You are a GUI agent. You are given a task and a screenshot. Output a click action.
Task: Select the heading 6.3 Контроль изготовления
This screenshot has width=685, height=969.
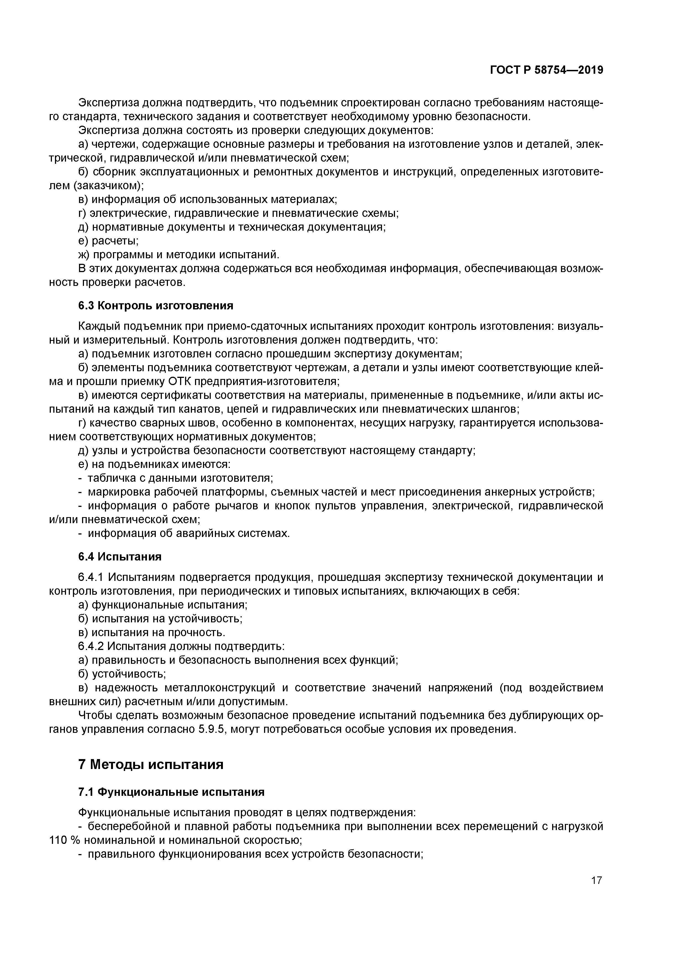(156, 305)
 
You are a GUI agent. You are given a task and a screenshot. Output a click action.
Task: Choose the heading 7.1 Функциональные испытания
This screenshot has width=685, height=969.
(171, 792)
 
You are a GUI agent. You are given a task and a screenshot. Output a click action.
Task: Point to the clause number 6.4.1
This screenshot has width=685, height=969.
(91, 577)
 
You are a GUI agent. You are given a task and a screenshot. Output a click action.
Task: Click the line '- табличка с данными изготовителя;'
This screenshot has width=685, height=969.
(176, 478)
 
